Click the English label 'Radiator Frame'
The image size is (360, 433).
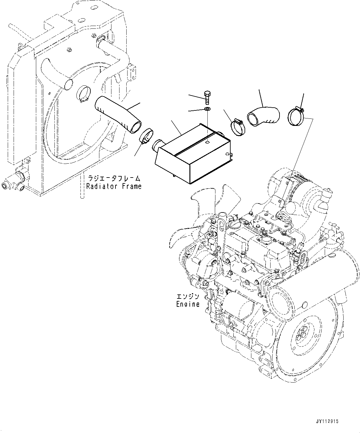pos(114,186)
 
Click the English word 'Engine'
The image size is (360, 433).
pos(188,304)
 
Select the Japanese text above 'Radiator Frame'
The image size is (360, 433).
pos(114,178)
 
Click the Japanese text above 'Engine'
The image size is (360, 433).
pos(188,297)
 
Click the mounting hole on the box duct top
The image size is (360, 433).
pos(207,143)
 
